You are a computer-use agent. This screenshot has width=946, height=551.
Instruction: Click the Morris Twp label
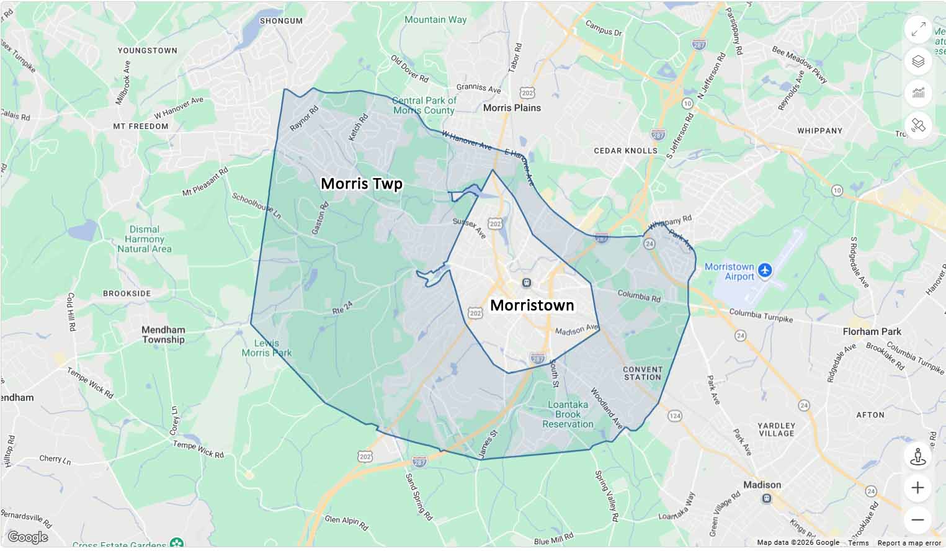(361, 184)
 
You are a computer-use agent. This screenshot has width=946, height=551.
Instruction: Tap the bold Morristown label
(532, 305)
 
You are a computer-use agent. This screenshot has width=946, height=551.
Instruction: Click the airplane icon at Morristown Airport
(765, 271)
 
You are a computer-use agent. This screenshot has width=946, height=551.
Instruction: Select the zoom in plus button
(917, 488)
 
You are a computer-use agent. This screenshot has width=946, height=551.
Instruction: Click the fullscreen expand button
(918, 29)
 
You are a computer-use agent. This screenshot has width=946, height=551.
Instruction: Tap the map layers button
(918, 61)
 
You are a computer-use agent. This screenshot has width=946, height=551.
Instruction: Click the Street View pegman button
(917, 456)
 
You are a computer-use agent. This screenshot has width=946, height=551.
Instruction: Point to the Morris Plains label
(512, 108)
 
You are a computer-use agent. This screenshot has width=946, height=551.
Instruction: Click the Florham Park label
(872, 332)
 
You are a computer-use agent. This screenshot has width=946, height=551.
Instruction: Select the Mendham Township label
(163, 335)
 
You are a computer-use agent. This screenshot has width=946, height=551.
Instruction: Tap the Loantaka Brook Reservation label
(568, 414)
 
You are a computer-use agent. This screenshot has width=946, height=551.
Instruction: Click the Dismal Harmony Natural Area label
(145, 240)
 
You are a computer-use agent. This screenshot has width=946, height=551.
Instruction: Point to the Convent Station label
(643, 373)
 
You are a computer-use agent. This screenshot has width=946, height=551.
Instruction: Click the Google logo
(27, 537)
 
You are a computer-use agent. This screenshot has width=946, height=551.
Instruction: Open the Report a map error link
(909, 543)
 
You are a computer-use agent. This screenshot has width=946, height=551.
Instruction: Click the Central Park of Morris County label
(424, 105)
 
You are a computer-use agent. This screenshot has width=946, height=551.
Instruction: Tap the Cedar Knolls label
(625, 151)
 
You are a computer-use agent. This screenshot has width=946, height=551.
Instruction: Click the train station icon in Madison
(767, 498)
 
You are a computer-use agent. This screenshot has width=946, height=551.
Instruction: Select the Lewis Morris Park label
(267, 348)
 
